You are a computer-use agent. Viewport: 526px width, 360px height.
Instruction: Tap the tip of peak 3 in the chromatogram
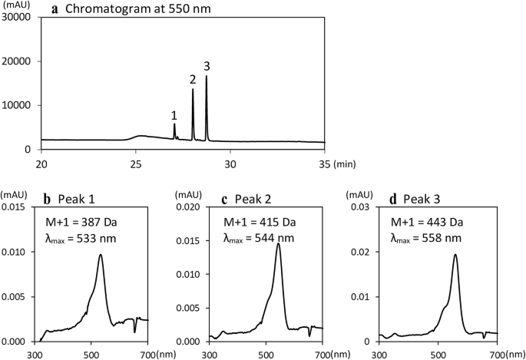click(206, 76)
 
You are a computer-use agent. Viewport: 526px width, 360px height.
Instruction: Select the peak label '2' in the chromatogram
click(193, 79)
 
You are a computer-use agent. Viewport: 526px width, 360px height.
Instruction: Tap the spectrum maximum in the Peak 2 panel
click(278, 244)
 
